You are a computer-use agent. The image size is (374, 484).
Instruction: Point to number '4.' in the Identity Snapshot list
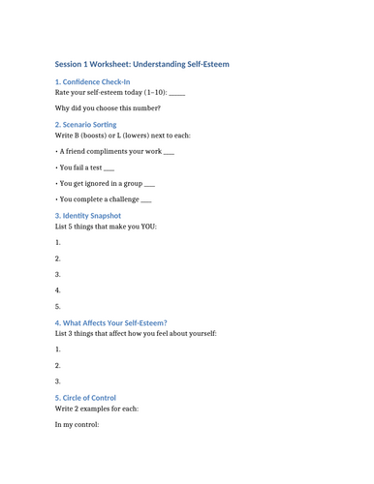58,289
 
